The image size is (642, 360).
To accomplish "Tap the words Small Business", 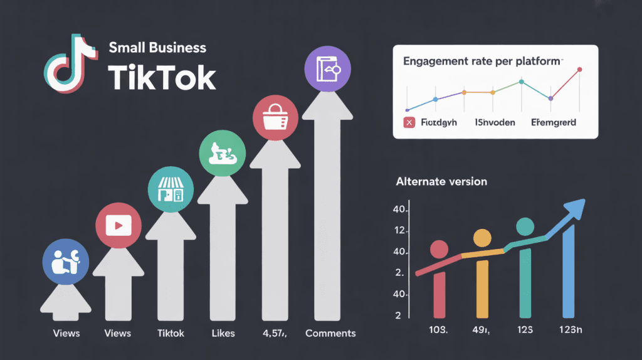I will (x=157, y=48).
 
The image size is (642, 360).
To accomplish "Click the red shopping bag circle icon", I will (x=270, y=118).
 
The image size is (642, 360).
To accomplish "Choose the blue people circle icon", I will (x=63, y=260).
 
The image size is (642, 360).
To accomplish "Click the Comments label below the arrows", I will (x=330, y=333).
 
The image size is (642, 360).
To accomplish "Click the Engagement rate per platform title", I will (x=482, y=62).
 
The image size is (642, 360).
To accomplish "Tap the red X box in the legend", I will (x=409, y=122).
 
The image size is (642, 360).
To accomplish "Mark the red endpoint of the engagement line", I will (x=579, y=70).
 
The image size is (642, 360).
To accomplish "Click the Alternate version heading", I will (x=441, y=182).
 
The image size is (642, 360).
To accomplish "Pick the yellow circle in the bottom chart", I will (x=482, y=238).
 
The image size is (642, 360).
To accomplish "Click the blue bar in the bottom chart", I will (x=568, y=272).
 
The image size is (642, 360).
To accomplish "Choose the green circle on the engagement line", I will (x=521, y=82).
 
